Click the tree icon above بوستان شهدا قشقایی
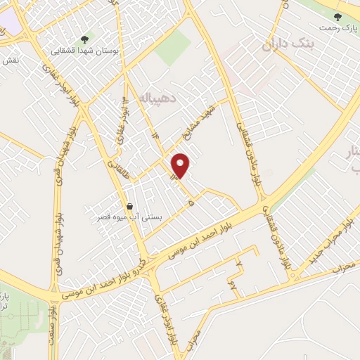(x=84, y=39)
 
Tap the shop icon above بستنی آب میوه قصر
(x=129, y=207)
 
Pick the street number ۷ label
(x=239, y=264)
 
